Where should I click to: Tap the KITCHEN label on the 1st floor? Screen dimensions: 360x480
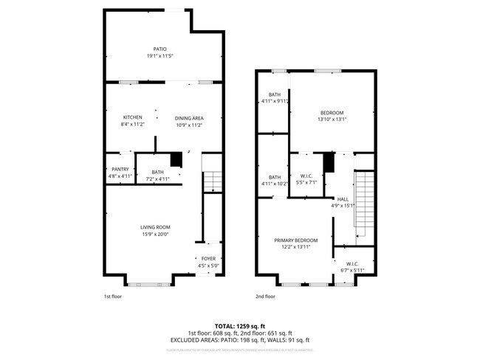point(132,117)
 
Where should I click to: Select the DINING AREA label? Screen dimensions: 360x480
point(189,117)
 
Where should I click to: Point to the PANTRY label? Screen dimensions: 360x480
point(120,169)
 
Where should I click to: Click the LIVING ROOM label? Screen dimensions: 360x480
point(155,226)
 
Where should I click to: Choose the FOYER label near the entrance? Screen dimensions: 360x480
point(208,258)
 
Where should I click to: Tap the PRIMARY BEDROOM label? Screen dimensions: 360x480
point(295,240)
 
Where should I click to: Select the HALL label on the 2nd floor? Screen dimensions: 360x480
point(343,198)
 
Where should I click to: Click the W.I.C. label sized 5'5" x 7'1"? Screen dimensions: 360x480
point(306,175)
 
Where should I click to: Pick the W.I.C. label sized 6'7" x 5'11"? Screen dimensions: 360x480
point(352,263)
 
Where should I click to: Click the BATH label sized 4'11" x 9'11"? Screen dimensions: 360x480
point(275,94)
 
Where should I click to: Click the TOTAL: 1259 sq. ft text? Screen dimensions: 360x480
point(240,325)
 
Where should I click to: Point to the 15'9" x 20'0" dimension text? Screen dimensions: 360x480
point(155,234)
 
